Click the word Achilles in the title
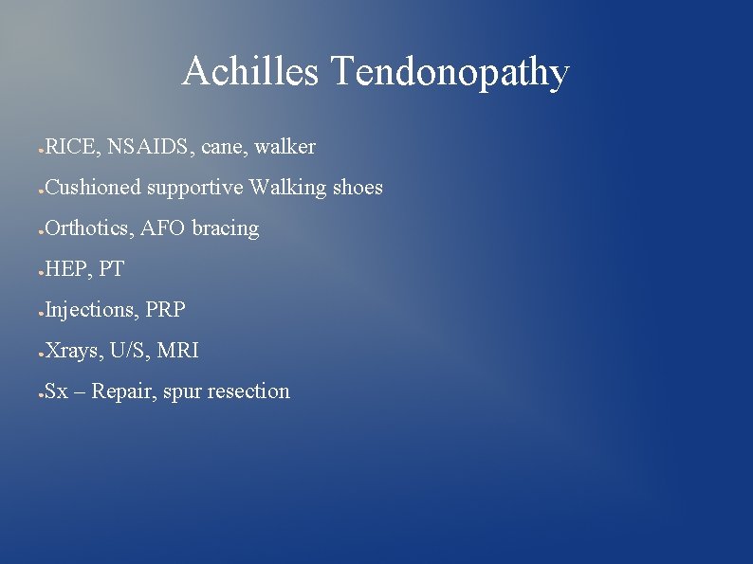point(249,71)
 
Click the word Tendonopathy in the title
point(449,73)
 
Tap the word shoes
point(358,188)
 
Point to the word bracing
point(225,229)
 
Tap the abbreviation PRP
point(166,310)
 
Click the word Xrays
point(72,351)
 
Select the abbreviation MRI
point(178,351)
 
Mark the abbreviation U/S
point(128,351)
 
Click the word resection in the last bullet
point(250,391)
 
